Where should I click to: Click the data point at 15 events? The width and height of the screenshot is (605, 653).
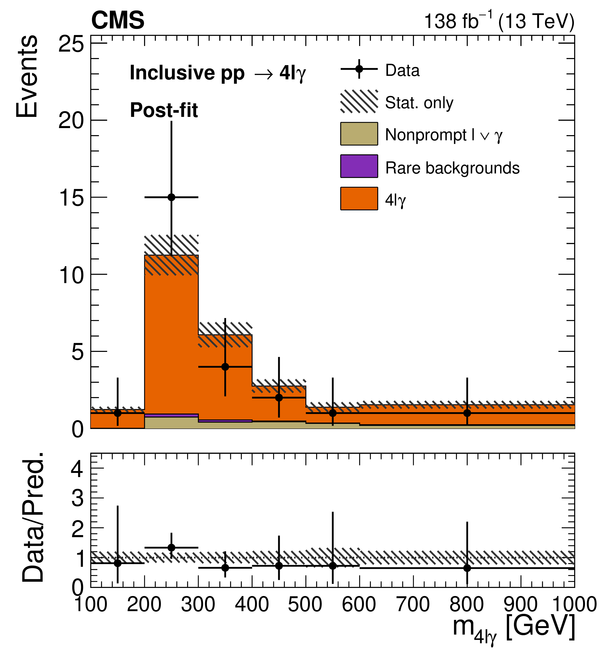pos(171,197)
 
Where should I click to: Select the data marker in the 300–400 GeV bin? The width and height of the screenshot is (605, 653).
pos(225,367)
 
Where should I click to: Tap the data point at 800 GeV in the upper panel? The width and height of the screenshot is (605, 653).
pos(467,413)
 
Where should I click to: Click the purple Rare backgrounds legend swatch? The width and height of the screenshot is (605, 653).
pos(359,166)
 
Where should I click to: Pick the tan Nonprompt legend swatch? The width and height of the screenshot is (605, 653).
pos(359,134)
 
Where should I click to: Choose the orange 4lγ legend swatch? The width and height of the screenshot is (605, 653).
pos(359,198)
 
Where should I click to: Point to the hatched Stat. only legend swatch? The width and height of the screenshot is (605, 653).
pos(359,102)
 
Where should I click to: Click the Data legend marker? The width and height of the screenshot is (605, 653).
pos(359,69)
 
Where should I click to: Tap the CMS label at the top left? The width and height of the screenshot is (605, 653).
pos(118,20)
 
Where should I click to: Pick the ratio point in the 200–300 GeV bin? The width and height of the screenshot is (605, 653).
pos(171,548)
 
